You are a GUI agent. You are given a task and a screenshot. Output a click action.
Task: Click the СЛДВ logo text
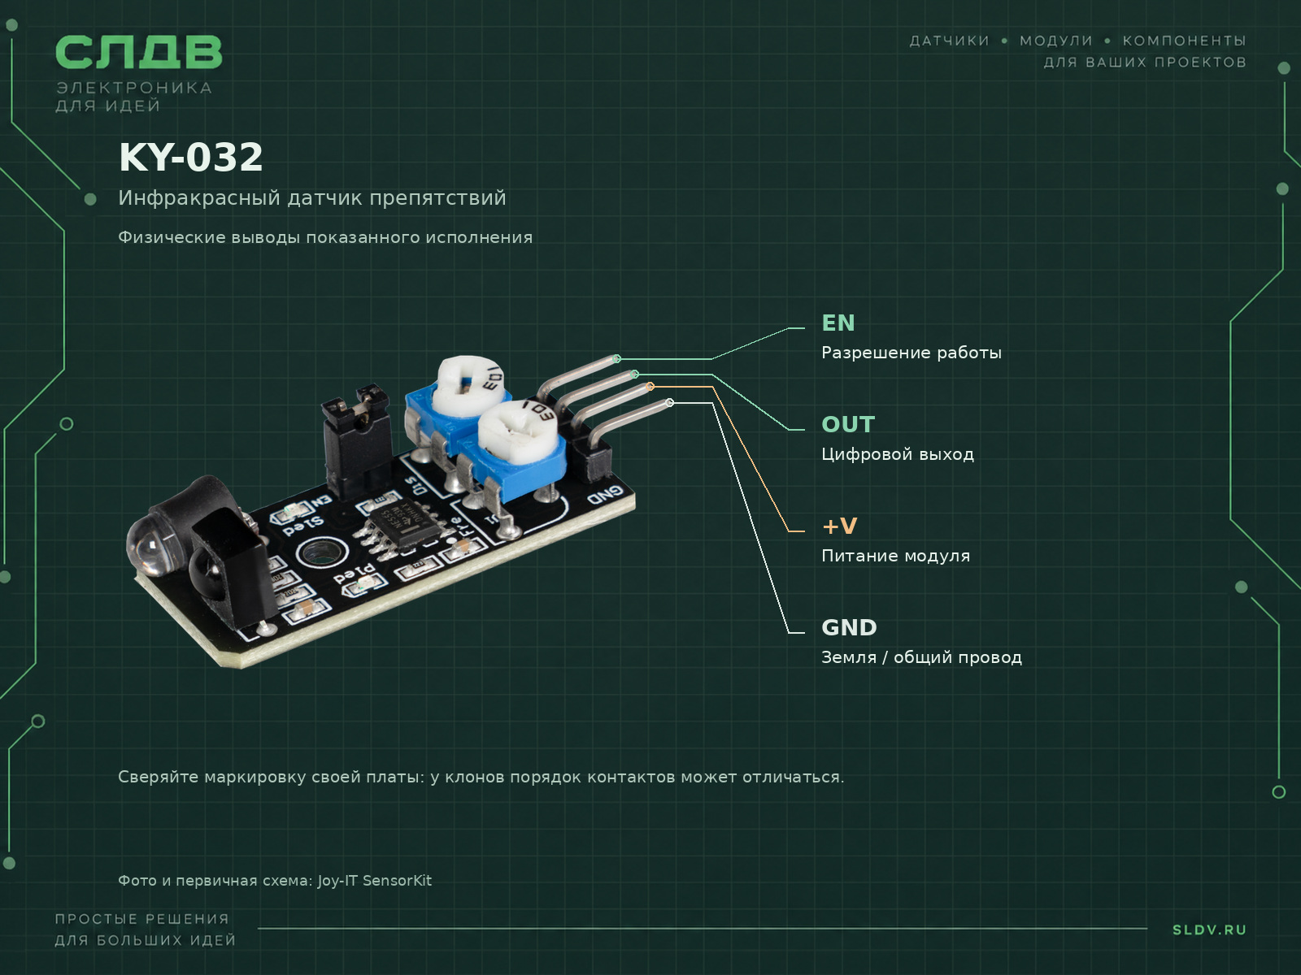click(x=139, y=52)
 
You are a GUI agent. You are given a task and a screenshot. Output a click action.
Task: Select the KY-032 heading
click(x=191, y=158)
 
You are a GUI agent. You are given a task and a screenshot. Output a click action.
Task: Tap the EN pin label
click(x=838, y=323)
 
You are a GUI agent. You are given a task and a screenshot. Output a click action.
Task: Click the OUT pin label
click(x=848, y=424)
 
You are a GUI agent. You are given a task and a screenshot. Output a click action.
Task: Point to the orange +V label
click(x=839, y=526)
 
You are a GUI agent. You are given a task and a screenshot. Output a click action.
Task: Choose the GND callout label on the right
click(x=849, y=627)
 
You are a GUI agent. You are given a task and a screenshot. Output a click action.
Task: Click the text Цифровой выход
click(x=898, y=455)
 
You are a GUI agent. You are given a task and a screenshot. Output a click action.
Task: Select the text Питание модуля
click(x=895, y=556)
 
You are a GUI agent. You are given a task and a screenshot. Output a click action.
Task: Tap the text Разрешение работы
click(x=912, y=353)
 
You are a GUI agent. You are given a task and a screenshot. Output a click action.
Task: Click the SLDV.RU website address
click(x=1209, y=930)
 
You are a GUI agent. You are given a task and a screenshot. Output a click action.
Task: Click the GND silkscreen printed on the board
click(x=605, y=494)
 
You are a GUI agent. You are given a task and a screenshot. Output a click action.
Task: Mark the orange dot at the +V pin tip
click(x=650, y=387)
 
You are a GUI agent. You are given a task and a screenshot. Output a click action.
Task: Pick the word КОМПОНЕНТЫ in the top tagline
click(x=1184, y=41)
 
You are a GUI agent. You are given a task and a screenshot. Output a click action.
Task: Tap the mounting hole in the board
click(x=320, y=553)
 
